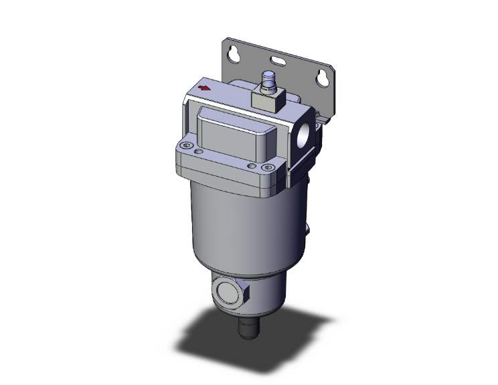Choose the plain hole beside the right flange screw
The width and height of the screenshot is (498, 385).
251,165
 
